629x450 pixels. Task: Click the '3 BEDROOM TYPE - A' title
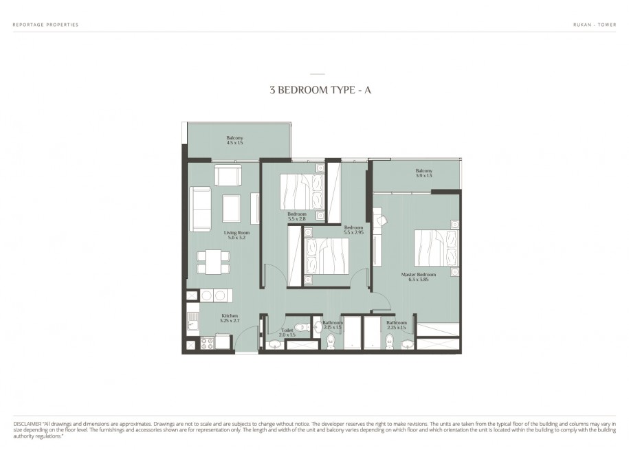[320, 90]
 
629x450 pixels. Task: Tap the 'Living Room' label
[236, 233]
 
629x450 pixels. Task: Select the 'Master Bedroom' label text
[419, 275]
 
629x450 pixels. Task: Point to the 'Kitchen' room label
[230, 316]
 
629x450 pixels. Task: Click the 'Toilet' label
[287, 330]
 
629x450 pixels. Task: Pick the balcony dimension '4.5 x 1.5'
[234, 143]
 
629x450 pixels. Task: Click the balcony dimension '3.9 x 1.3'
[424, 176]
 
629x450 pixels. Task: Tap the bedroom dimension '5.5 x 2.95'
[353, 232]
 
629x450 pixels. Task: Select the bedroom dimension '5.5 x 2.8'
[297, 219]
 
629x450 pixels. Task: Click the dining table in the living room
[213, 262]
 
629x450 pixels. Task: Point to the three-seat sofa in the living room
[200, 209]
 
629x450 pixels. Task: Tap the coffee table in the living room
[231, 208]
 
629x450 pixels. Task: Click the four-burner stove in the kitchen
[207, 344]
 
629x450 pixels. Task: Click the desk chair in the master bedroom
[383, 220]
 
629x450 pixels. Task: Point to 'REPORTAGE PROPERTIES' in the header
[46, 25]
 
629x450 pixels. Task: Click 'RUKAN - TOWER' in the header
[595, 25]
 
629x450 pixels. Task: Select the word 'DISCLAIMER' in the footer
[27, 424]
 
